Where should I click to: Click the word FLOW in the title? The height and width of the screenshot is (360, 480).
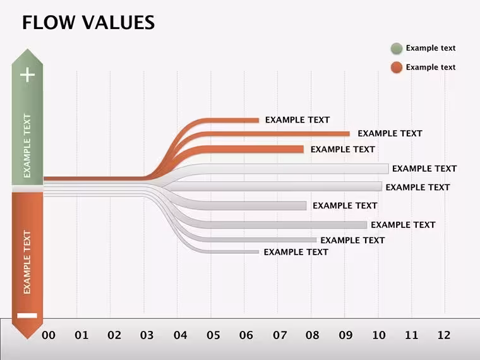tap(49, 23)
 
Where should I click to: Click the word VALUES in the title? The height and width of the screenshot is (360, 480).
tap(118, 23)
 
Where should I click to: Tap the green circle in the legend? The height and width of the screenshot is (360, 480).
tap(397, 49)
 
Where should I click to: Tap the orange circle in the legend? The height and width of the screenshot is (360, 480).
tap(397, 68)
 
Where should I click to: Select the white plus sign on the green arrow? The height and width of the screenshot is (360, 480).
tap(27, 75)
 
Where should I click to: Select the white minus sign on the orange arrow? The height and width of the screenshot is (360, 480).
tap(27, 315)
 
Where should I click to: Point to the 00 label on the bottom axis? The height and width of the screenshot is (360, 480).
tap(49, 335)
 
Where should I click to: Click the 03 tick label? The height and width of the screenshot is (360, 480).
tap(147, 335)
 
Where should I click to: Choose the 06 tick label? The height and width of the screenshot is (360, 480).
tap(246, 335)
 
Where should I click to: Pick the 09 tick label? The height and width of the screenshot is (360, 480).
tap(345, 335)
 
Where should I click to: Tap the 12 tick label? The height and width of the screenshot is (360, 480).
tap(443, 335)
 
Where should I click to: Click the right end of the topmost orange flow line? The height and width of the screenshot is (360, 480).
tap(259, 120)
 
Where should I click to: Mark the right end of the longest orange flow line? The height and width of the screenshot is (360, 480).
tap(349, 134)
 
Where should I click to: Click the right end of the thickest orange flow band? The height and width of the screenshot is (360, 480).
tap(303, 149)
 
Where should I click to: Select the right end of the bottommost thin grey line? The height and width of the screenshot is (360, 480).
tap(258, 251)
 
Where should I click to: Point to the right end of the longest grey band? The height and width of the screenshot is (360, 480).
tap(388, 169)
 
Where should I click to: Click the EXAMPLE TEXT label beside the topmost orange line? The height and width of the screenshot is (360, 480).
tap(297, 120)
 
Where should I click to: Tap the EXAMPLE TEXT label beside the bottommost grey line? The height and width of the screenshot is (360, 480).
tap(296, 252)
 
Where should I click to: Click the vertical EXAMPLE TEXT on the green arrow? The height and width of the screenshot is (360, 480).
tap(27, 146)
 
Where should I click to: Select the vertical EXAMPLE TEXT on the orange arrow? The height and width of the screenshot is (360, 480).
tap(27, 262)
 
